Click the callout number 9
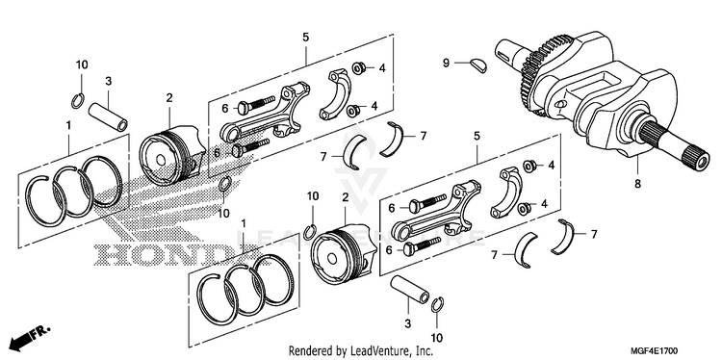point(446,63)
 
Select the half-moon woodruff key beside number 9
point(478,64)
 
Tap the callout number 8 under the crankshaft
point(637,184)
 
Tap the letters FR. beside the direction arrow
point(41,331)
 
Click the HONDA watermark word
point(174,254)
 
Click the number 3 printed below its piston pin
point(407,324)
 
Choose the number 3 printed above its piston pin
point(108,82)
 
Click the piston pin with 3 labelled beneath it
point(410,289)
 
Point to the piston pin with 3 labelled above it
point(108,116)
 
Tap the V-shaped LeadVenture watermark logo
point(361,171)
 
